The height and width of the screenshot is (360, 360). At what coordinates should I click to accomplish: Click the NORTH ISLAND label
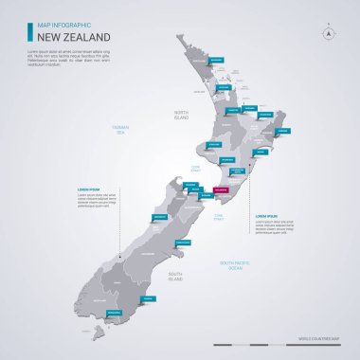pyautogui.click(x=182, y=115)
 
